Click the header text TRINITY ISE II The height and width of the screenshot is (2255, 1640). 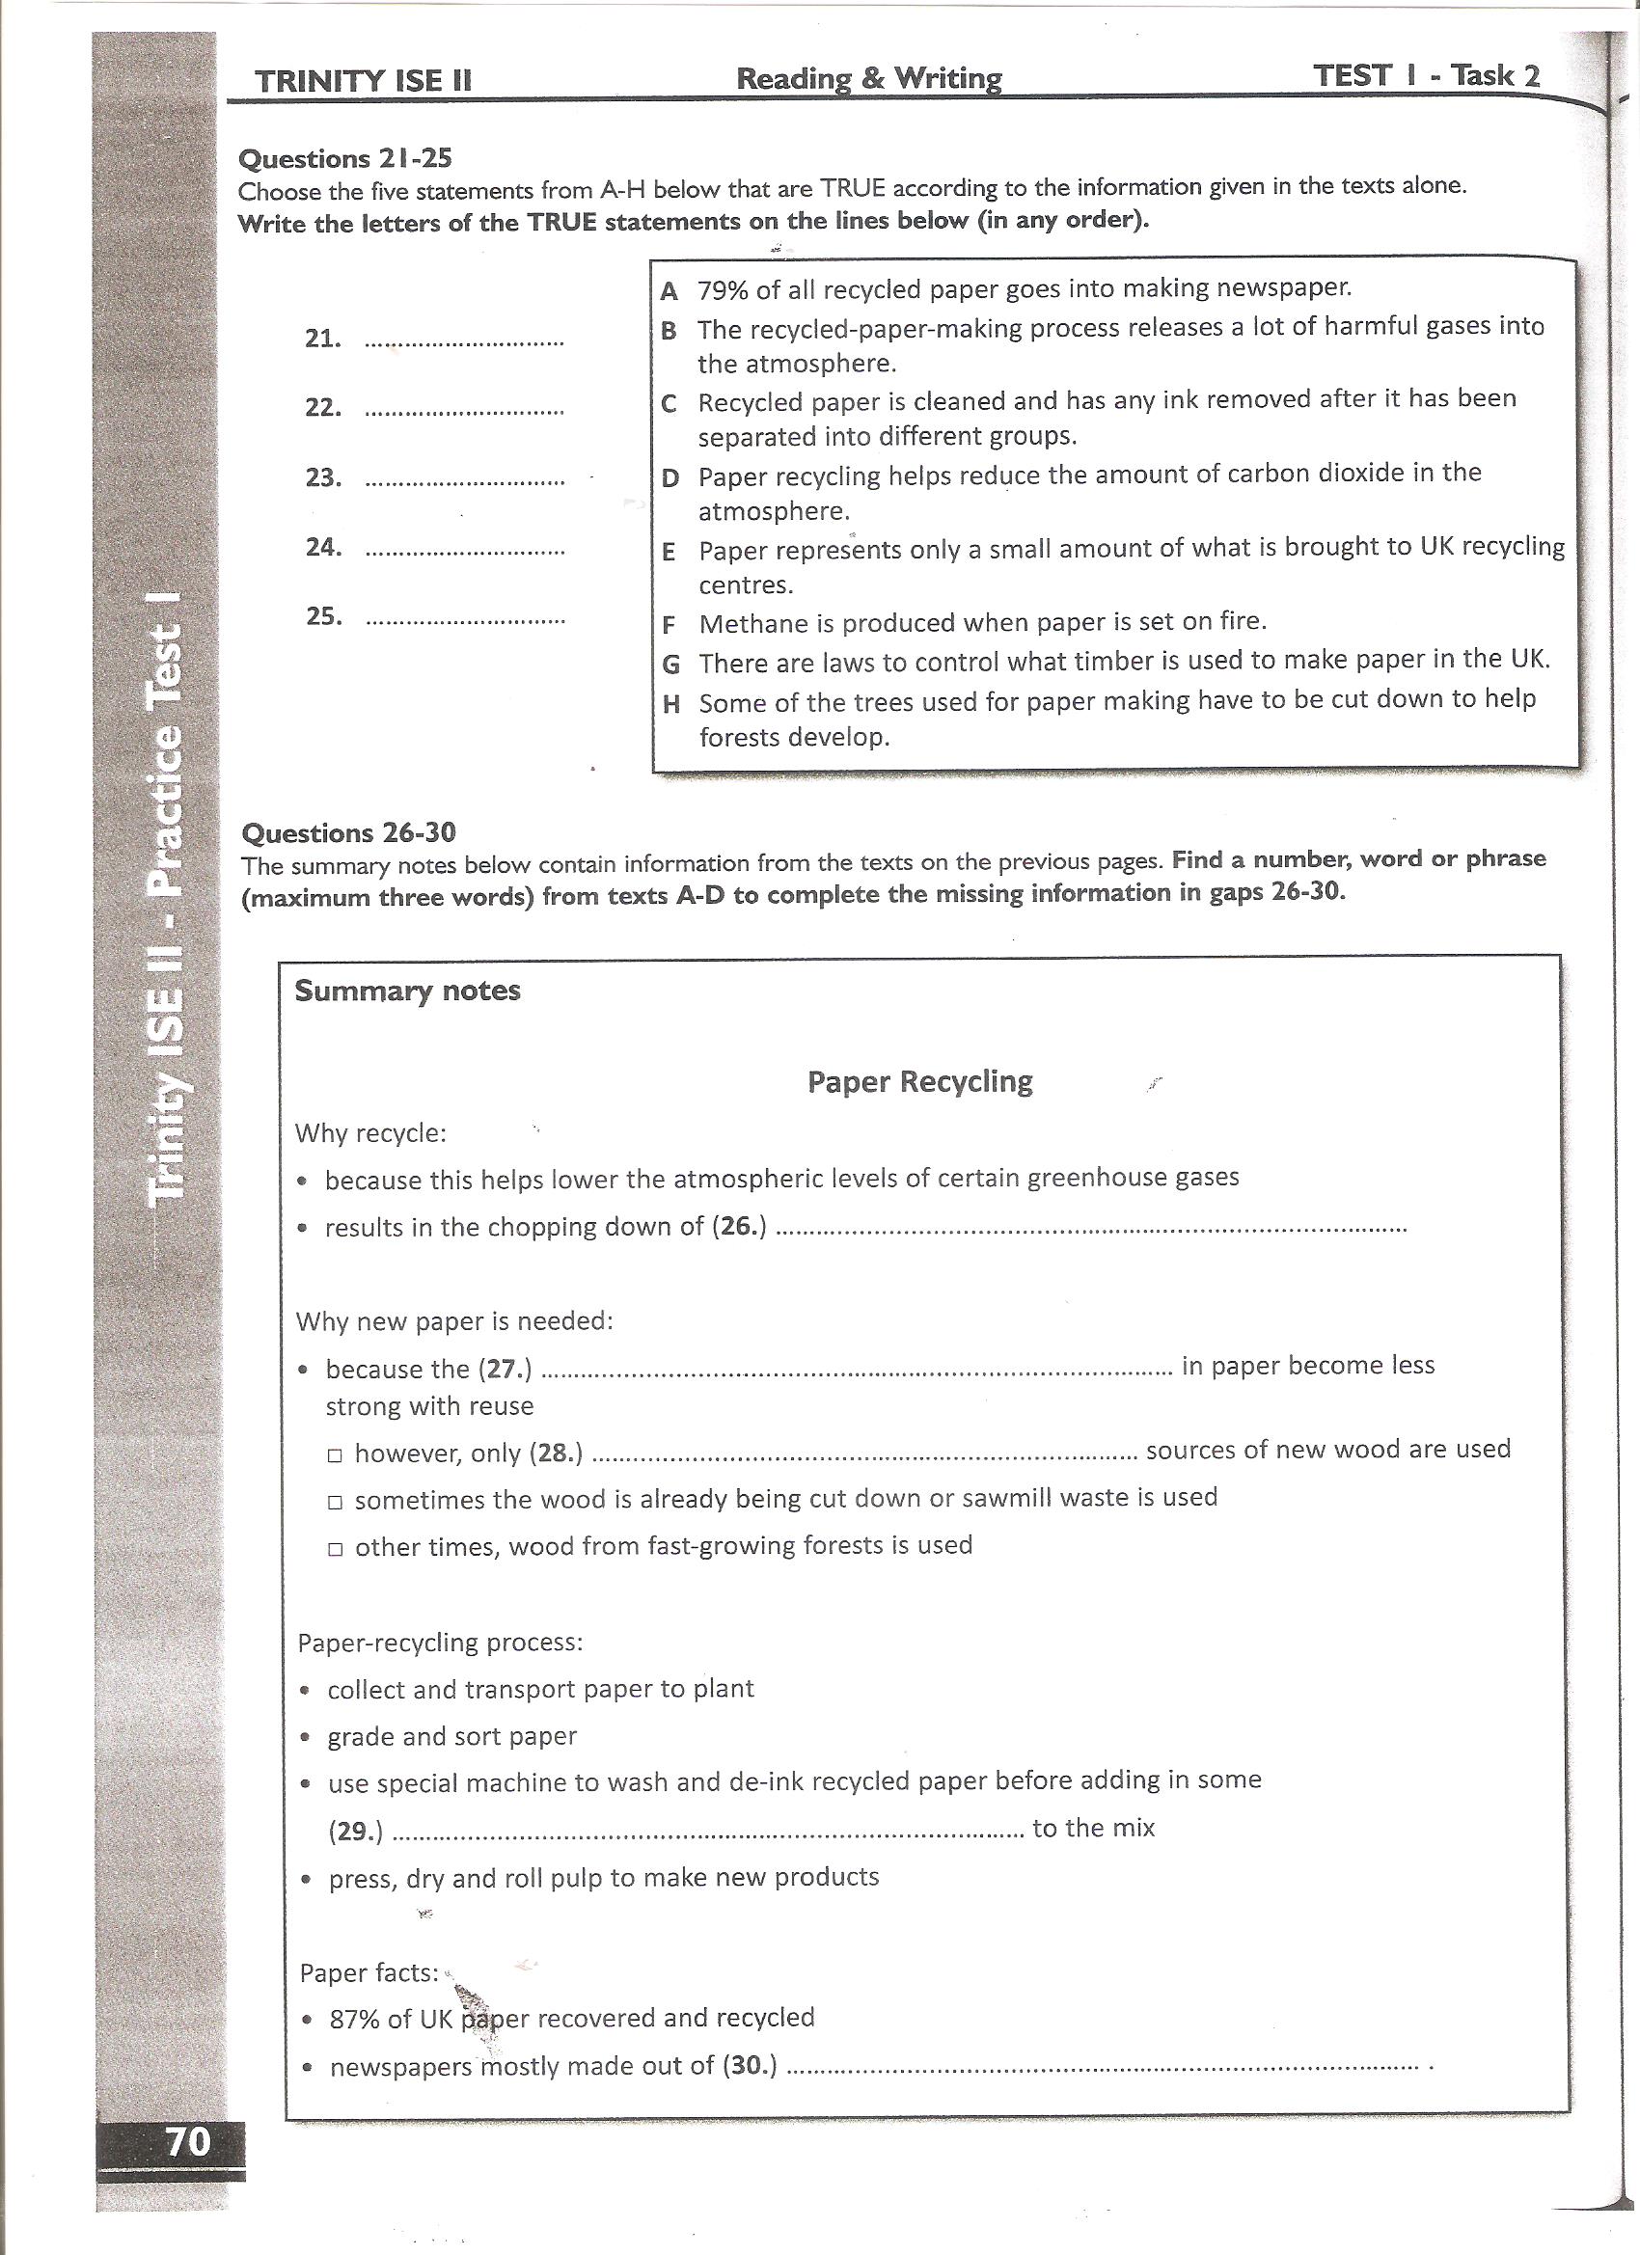pos(362,82)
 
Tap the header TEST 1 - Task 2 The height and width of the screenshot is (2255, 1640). pos(1426,75)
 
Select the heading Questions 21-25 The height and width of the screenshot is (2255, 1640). pos(345,158)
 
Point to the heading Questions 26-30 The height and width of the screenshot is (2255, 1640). pos(349,832)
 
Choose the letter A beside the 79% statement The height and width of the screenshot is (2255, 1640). pos(670,291)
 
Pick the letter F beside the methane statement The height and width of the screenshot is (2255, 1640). pos(670,625)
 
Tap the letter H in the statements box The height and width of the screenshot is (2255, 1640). pos(671,704)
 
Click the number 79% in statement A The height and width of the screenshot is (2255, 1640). pos(722,289)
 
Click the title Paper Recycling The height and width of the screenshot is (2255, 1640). pos(920,1081)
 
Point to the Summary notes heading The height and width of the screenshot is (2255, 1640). pos(407,991)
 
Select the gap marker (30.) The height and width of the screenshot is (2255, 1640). pos(750,2066)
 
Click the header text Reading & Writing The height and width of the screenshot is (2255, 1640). pos(868,78)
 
